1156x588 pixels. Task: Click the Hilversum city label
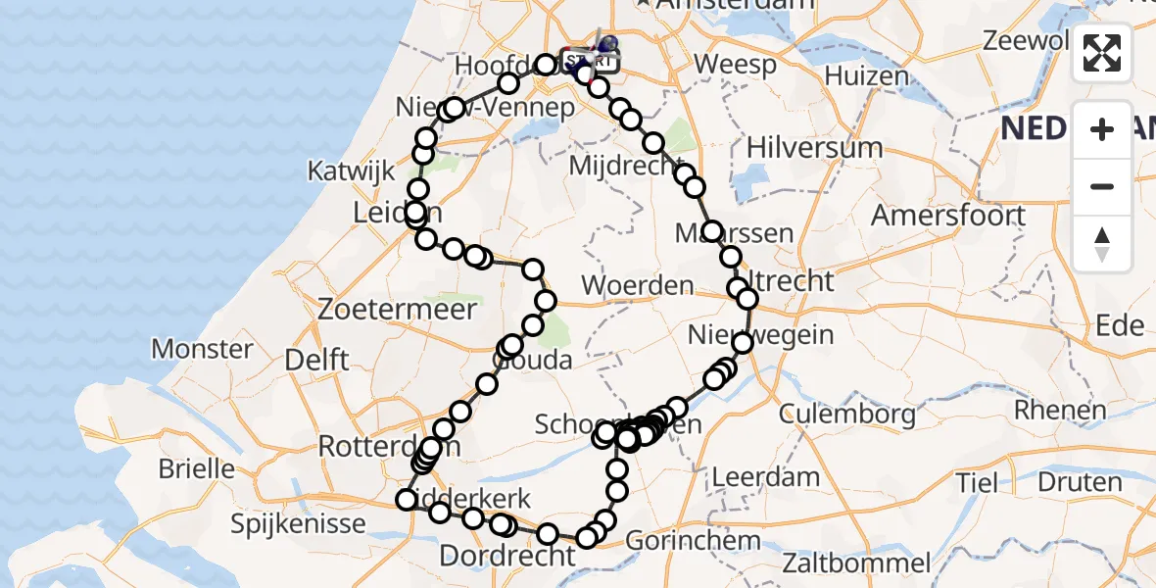tap(814, 148)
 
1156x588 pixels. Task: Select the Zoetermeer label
tap(398, 310)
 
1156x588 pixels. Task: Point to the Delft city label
tap(315, 360)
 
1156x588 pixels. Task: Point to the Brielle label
tap(197, 468)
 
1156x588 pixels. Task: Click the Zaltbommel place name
tap(856, 563)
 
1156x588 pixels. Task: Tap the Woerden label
tap(638, 287)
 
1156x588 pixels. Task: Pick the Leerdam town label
tap(766, 478)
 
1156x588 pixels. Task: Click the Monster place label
tap(203, 348)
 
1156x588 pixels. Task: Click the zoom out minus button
tap(1102, 186)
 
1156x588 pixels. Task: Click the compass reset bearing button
tap(1102, 243)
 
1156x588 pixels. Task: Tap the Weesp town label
tap(734, 66)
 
